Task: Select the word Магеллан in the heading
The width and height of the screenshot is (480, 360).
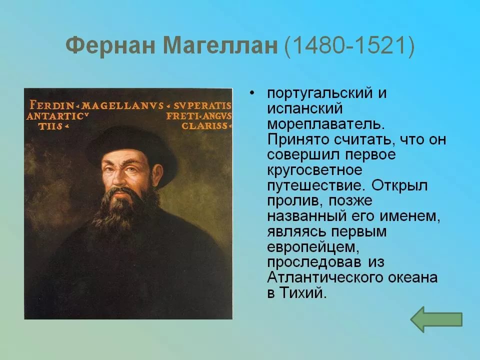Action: (220, 45)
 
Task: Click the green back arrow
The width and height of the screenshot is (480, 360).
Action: (436, 319)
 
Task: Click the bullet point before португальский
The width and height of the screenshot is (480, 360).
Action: (251, 93)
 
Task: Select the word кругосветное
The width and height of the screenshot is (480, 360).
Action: (314, 170)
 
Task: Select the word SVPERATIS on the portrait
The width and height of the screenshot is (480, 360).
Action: (202, 105)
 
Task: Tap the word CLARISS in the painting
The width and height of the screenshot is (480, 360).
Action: (204, 126)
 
